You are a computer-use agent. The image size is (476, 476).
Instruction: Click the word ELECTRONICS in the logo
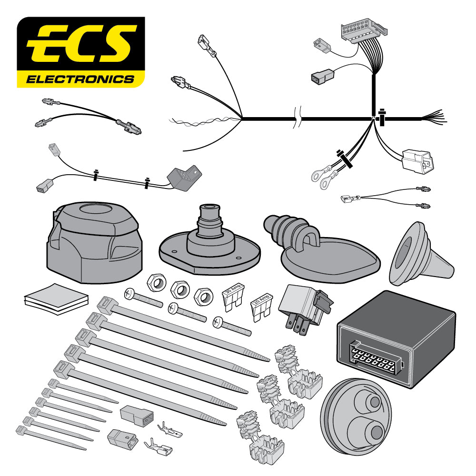tap(80, 79)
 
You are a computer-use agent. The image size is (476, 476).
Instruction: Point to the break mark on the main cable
tap(297, 118)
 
